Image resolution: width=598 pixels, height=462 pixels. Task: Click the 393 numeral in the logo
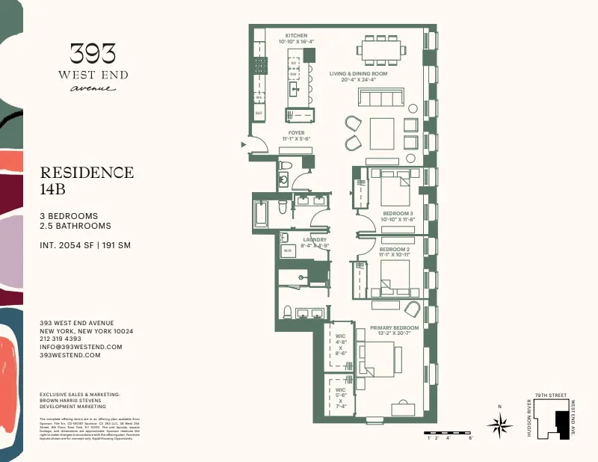[93, 53]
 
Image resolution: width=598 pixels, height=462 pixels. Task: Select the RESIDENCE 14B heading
[87, 180]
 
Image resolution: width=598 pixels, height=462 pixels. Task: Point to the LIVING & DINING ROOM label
[358, 74]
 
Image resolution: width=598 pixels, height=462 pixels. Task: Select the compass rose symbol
[499, 425]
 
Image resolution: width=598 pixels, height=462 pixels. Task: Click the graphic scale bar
[449, 433]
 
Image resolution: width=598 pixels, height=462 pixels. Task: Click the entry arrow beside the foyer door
[242, 144]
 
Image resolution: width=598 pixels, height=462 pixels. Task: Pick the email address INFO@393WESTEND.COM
[81, 347]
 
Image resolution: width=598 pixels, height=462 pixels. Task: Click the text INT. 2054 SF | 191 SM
[86, 244]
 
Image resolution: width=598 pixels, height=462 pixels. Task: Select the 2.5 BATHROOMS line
[75, 226]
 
